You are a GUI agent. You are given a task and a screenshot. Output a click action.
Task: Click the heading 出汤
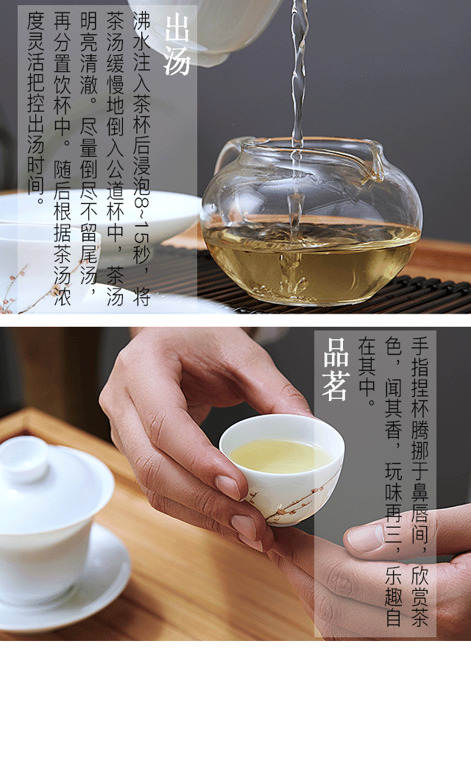pos(177,45)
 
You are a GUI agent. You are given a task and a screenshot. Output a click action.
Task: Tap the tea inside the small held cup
pos(280,456)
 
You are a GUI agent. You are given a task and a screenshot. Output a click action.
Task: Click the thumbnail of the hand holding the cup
pos(227,486)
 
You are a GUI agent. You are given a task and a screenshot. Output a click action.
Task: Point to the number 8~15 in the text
pos(142,229)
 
